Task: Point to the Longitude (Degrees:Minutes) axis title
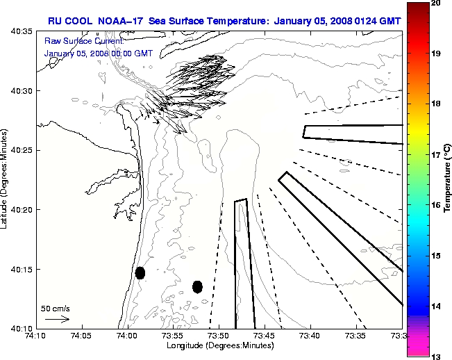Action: point(219,345)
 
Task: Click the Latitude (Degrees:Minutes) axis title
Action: point(6,179)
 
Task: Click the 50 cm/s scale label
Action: point(56,308)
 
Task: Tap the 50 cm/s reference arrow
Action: point(57,319)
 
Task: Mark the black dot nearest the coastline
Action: point(140,272)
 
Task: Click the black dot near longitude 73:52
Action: point(197,286)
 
